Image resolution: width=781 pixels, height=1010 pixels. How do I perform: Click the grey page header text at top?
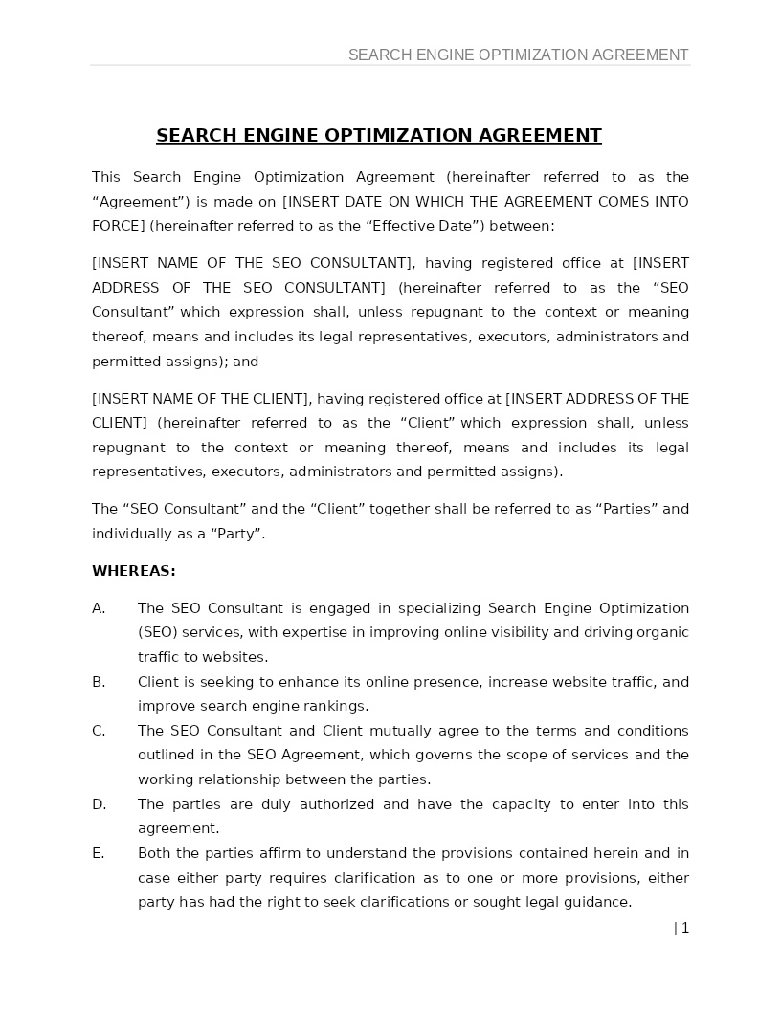(518, 55)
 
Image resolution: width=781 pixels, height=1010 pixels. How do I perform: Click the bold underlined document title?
(378, 135)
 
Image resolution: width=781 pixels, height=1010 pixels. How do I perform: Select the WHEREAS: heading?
(133, 571)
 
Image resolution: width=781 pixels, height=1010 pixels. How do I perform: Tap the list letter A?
(99, 608)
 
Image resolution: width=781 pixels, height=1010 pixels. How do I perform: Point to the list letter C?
(99, 731)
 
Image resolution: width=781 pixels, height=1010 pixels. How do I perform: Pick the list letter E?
(98, 853)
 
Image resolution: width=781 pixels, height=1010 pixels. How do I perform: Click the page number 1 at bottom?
(684, 928)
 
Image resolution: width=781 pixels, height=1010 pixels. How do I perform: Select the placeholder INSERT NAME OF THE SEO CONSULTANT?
(253, 263)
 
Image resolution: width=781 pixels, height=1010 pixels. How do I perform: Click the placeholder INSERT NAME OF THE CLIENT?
(201, 399)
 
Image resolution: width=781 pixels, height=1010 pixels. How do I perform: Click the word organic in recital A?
(662, 632)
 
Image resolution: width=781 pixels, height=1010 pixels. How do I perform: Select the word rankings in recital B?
(338, 706)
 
